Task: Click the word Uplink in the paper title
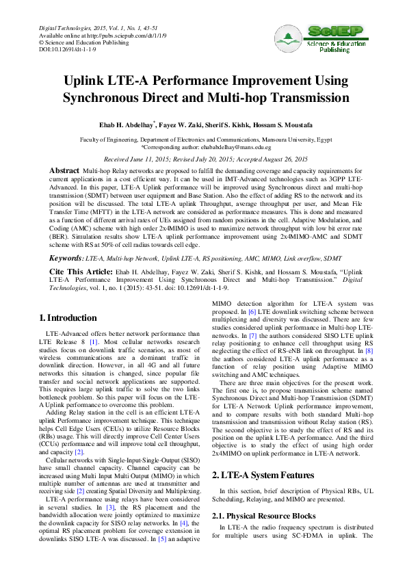(89, 81)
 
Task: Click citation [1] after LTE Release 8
(94, 341)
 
